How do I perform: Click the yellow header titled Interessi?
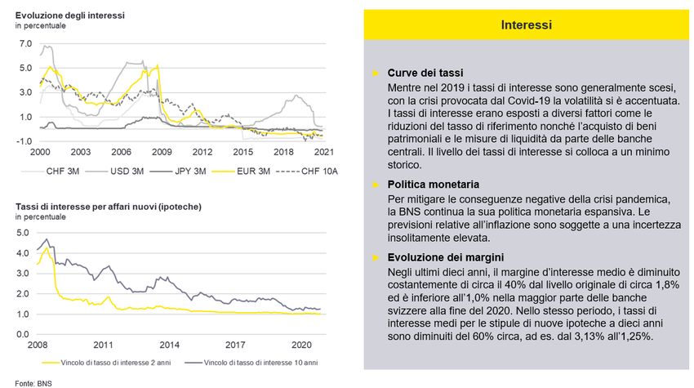(x=526, y=26)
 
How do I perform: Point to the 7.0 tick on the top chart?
(x=24, y=43)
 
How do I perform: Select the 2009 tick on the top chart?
(x=162, y=153)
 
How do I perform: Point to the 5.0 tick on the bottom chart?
(x=24, y=233)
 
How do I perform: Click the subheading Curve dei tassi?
(x=425, y=73)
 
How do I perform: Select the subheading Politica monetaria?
(x=434, y=185)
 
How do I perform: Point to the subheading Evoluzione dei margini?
(x=443, y=256)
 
